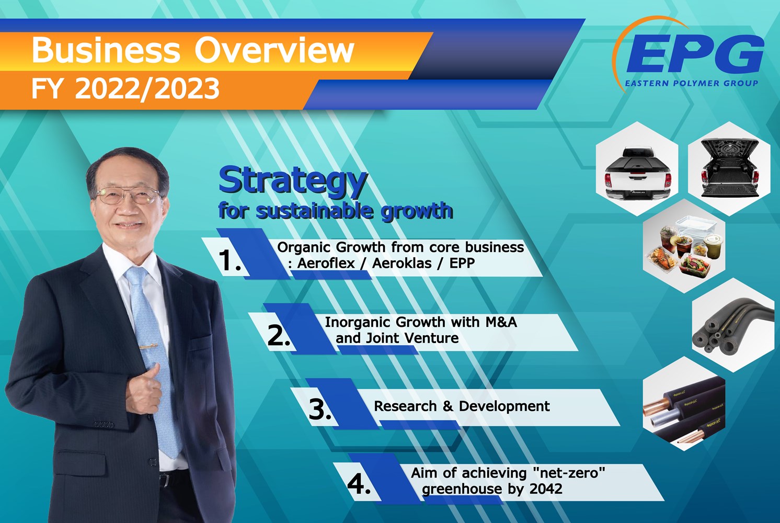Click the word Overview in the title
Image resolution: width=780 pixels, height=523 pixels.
(x=274, y=51)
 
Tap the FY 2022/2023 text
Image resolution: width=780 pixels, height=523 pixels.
(x=125, y=88)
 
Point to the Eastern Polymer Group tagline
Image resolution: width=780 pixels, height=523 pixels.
(x=691, y=83)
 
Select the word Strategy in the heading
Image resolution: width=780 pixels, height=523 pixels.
(x=293, y=181)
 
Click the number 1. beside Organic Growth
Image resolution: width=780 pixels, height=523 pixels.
(x=230, y=260)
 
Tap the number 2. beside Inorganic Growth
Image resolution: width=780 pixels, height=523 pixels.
(x=279, y=335)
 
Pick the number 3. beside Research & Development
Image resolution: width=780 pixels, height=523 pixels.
(x=320, y=409)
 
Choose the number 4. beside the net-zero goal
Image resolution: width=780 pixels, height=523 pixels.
(x=359, y=484)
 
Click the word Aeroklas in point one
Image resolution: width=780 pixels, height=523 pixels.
(x=402, y=263)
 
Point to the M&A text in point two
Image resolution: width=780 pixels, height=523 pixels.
(x=501, y=322)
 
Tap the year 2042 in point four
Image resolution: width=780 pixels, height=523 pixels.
(x=546, y=489)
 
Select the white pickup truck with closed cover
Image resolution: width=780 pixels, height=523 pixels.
(x=637, y=173)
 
